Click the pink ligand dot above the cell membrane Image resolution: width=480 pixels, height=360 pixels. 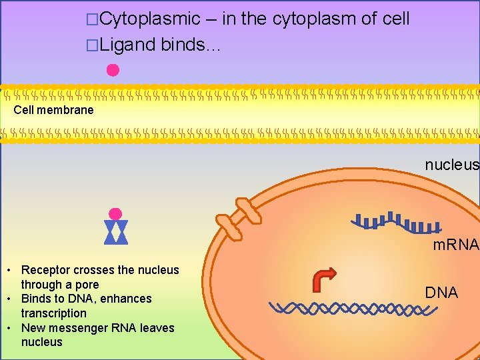(113, 70)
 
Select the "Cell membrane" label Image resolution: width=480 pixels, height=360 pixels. (53, 110)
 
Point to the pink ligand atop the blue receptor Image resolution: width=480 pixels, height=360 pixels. (115, 214)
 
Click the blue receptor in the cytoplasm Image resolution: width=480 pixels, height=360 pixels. (115, 232)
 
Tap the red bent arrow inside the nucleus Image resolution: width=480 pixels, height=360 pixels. (325, 279)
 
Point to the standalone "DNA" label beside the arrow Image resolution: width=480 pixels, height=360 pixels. (441, 293)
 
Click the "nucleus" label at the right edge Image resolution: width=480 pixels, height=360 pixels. (452, 165)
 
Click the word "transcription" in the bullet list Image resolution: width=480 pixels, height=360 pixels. (53, 313)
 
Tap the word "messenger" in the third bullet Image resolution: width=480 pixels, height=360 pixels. (71, 328)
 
